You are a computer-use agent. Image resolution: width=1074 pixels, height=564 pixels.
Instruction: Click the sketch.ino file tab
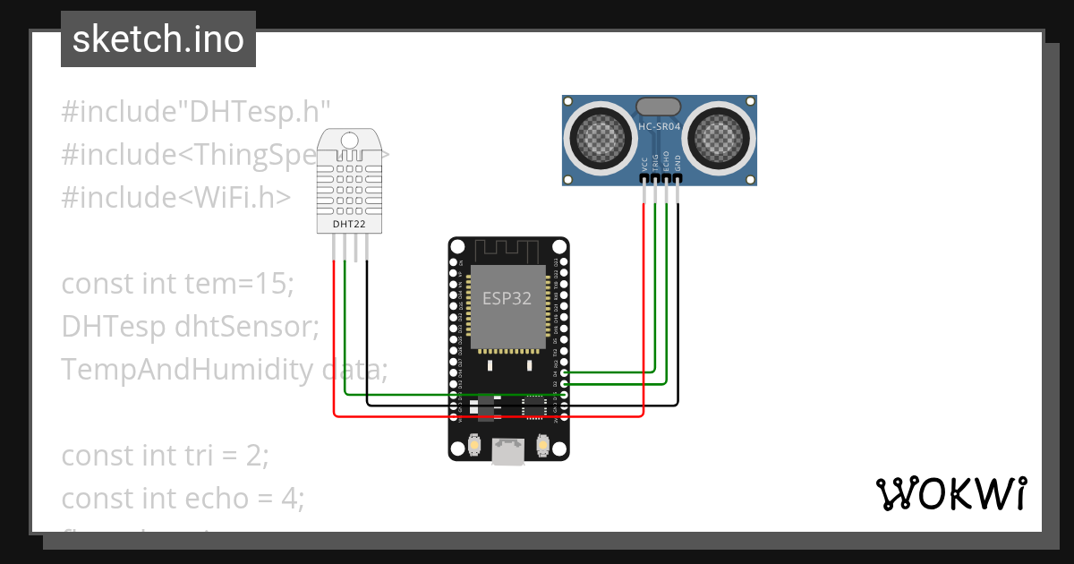(x=158, y=39)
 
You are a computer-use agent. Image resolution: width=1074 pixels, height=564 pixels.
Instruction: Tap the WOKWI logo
(x=950, y=494)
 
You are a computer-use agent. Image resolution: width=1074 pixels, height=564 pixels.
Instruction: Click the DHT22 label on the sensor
(x=348, y=224)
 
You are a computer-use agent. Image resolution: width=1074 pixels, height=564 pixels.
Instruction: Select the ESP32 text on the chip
(x=507, y=299)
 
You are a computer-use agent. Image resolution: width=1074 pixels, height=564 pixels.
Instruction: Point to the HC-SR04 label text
(x=659, y=127)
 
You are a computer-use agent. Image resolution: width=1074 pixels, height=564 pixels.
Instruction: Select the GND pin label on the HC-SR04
(x=678, y=163)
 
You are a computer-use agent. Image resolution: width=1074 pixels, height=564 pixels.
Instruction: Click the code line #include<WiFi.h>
(x=175, y=197)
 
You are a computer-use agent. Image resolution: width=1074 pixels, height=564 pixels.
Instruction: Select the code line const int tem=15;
(x=177, y=284)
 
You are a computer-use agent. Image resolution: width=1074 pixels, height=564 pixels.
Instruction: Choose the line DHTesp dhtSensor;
(x=190, y=327)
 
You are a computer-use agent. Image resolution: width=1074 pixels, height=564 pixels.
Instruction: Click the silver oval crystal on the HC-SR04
(x=659, y=107)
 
